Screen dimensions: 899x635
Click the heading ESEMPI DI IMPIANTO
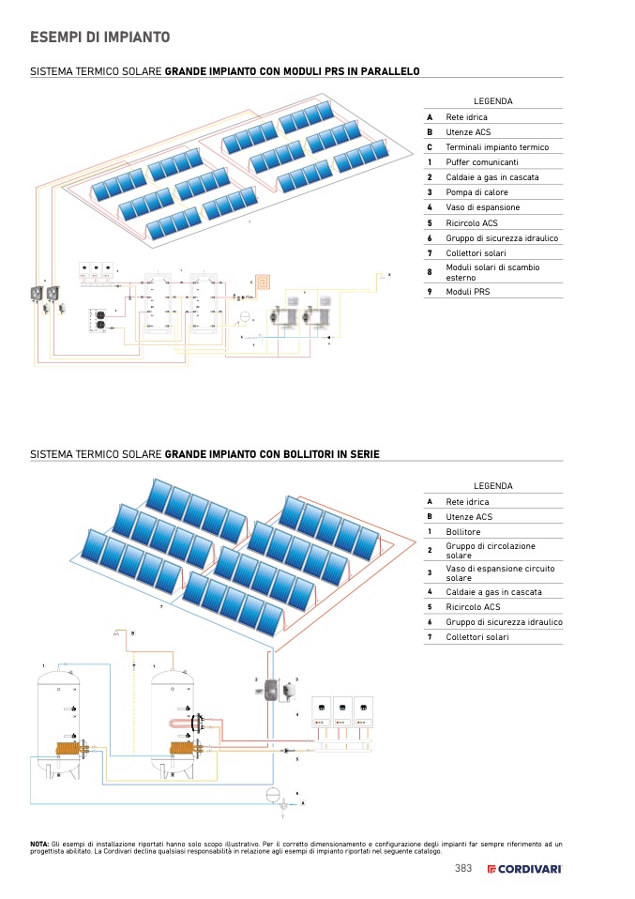[99, 38]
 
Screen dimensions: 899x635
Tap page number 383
[462, 868]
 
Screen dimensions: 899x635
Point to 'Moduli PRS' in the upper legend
[467, 292]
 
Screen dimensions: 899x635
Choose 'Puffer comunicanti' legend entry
[481, 162]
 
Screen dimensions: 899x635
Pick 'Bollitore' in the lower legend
[462, 532]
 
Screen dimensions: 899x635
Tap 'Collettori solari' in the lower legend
[476, 637]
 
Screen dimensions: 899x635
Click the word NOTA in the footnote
[39, 845]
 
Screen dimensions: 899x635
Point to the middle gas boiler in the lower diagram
[343, 712]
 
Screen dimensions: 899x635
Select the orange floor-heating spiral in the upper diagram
[265, 280]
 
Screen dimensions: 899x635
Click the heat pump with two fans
[97, 321]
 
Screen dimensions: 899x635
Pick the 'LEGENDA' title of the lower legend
[492, 486]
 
